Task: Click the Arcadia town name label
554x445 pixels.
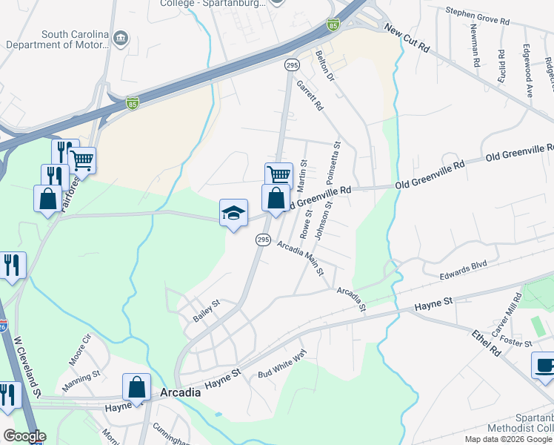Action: click(181, 392)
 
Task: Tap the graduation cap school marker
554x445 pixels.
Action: click(233, 213)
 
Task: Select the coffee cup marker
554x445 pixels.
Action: click(544, 366)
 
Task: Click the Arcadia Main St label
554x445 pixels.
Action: click(301, 257)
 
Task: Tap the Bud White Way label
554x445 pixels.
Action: click(282, 366)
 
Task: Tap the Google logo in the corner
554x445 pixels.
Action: click(24, 436)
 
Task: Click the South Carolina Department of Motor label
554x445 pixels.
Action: click(66, 39)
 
